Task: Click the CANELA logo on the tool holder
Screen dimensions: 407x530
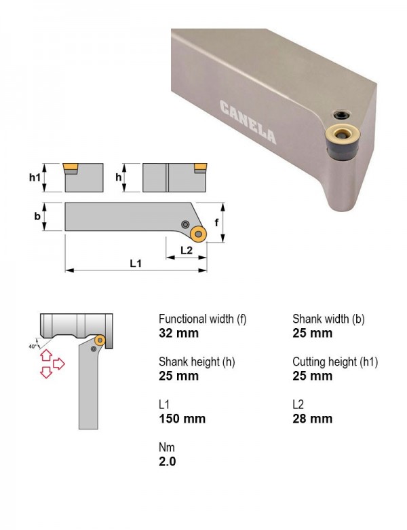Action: pos(248,122)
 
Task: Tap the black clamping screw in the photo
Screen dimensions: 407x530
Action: pos(341,115)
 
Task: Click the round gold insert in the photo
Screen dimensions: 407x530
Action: pos(343,135)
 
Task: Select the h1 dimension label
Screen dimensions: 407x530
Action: pos(35,177)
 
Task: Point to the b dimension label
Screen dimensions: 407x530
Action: pos(37,216)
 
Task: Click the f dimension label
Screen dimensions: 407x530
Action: pos(216,222)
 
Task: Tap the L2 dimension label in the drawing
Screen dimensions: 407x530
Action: pos(187,250)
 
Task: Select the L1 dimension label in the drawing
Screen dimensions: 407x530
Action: pos(136,264)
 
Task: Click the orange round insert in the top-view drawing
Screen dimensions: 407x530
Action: pos(199,234)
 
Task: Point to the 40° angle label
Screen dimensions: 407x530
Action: pos(33,347)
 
